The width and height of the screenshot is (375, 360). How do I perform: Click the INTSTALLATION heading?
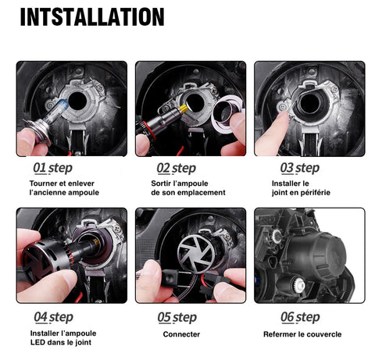click(92, 16)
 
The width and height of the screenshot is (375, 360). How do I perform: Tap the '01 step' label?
click(52, 168)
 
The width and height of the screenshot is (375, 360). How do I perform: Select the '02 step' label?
click(177, 168)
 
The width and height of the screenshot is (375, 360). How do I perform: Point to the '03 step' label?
click(300, 168)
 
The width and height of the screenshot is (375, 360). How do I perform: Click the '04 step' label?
click(53, 318)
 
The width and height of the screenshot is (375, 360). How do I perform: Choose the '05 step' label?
click(177, 318)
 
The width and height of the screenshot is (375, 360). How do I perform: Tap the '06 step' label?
click(300, 318)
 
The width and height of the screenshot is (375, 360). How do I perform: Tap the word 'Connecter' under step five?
click(181, 334)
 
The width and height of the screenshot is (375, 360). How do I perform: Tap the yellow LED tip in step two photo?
click(184, 108)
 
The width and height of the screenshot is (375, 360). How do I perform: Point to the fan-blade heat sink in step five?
click(196, 252)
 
